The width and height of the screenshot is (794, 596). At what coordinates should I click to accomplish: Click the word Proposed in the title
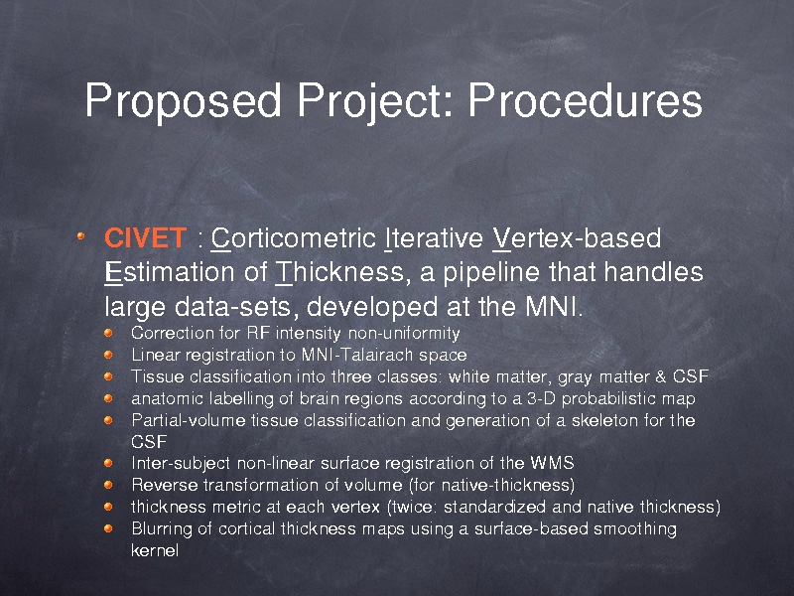[183, 101]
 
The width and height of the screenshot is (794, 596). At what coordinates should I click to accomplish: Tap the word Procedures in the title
[585, 99]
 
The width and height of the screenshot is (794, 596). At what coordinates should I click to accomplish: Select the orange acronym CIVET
[145, 237]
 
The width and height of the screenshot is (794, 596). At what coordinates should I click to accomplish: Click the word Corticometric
[294, 237]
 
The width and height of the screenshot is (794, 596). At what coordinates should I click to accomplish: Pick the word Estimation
[170, 272]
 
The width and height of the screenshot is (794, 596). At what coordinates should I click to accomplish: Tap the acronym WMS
[553, 463]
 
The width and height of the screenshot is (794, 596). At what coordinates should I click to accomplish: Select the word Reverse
[165, 485]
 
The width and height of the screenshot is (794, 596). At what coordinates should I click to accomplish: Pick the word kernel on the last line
[155, 550]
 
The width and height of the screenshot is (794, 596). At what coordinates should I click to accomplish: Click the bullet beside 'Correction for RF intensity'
[108, 333]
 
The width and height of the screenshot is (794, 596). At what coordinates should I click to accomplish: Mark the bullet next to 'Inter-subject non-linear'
[108, 463]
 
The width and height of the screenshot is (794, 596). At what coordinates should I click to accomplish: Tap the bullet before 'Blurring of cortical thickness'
[108, 528]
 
